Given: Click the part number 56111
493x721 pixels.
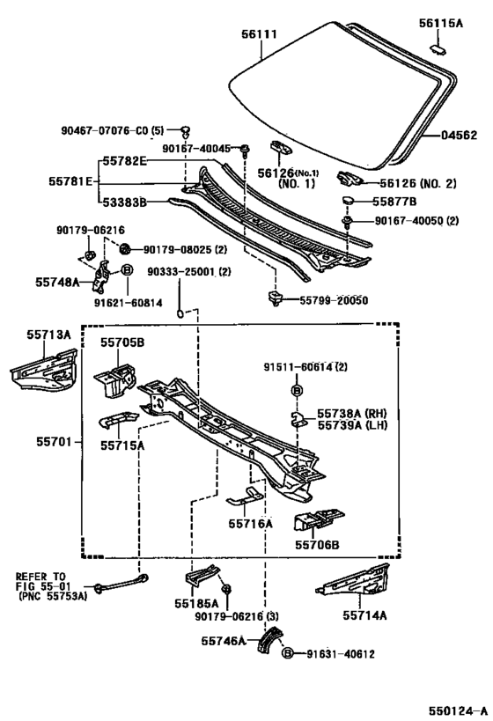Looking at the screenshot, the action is [260, 34].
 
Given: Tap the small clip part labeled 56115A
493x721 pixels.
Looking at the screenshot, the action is [438, 48].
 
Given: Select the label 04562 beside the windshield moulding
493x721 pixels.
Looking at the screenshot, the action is [459, 136].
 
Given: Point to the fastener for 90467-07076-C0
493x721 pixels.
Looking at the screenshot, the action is [185, 132].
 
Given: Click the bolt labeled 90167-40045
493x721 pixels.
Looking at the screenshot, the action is [246, 150].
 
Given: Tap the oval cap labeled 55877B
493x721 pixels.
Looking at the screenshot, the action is [348, 202].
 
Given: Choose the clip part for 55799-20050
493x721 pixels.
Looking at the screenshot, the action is [275, 298].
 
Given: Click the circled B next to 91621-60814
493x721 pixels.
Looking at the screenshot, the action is [128, 270].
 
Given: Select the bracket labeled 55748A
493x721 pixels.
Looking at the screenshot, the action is [101, 276].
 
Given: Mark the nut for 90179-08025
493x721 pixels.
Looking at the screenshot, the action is [125, 249].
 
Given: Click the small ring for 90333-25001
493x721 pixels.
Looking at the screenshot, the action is [180, 314].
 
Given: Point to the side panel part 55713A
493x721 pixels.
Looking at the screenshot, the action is [44, 371].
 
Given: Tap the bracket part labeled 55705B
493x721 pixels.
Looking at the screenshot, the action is [115, 379].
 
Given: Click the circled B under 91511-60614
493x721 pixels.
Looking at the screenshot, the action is [297, 391].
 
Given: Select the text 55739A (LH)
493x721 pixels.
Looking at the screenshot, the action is [352, 425].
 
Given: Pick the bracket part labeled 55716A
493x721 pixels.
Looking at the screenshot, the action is [245, 497].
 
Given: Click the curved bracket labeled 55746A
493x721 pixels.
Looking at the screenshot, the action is [269, 639].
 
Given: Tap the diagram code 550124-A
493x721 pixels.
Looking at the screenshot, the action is [458, 711].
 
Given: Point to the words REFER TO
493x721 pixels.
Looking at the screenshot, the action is [40, 576].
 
